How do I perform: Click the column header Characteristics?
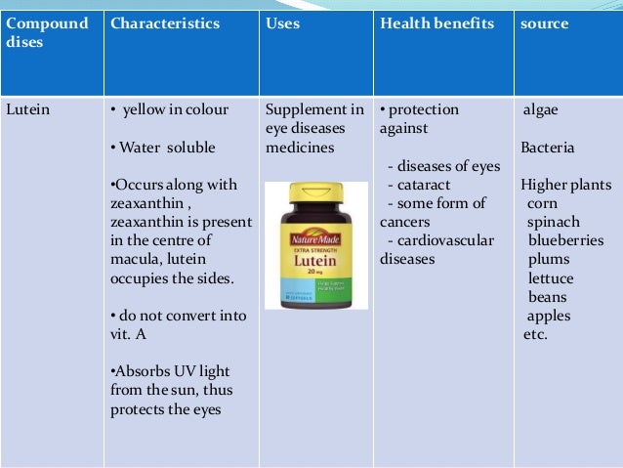[x=165, y=23]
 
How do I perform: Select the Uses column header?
[x=283, y=23]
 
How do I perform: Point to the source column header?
[x=544, y=23]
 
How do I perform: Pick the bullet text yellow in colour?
[x=176, y=110]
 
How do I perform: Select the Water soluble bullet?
[x=167, y=148]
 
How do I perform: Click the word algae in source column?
[x=541, y=110]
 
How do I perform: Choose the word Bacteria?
[x=548, y=148]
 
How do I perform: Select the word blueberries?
[x=566, y=240]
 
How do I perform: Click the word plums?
[x=549, y=259]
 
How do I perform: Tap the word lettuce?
[x=551, y=278]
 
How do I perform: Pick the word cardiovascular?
[x=438, y=240]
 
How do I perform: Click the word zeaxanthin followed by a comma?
[x=146, y=203]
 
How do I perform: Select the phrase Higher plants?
[x=565, y=185]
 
